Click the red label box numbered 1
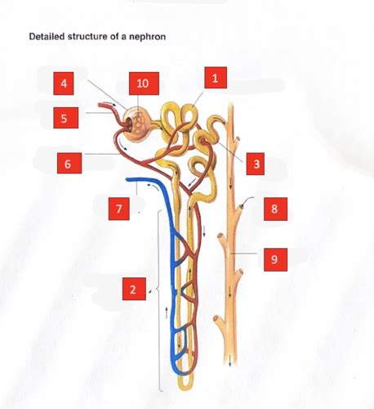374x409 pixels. pos(215,79)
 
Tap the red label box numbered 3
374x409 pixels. pos(256,164)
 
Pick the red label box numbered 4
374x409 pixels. pos(64,83)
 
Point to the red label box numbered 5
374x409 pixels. pos(64,118)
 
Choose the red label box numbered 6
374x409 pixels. pos(68,163)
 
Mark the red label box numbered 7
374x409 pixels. pos(119,209)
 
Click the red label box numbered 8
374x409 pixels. pos(274,209)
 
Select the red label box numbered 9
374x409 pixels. pos(274,259)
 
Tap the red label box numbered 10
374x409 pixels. pos(143,83)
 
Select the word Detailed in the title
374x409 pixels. pos(46,37)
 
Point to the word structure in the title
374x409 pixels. pos(83,37)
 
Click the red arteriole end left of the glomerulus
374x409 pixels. pos(100,107)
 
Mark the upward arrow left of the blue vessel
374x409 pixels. pos(166,311)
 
